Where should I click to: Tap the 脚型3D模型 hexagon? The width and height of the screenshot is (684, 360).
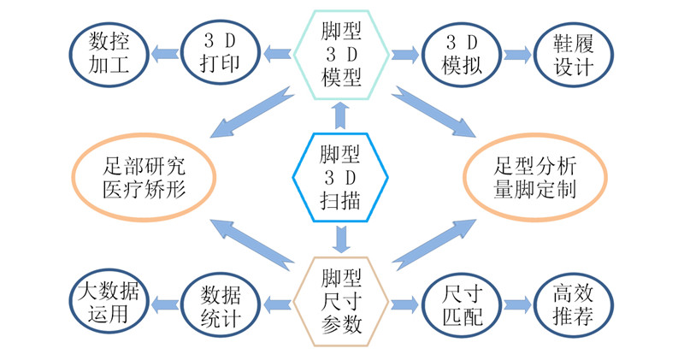(342, 54)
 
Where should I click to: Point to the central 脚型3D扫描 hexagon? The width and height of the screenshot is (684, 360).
(342, 177)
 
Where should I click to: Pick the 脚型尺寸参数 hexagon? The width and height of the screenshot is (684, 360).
(342, 303)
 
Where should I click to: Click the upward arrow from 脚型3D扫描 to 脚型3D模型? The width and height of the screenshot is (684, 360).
(342, 114)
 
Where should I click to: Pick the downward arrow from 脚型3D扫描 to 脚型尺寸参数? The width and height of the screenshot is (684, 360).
(342, 239)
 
